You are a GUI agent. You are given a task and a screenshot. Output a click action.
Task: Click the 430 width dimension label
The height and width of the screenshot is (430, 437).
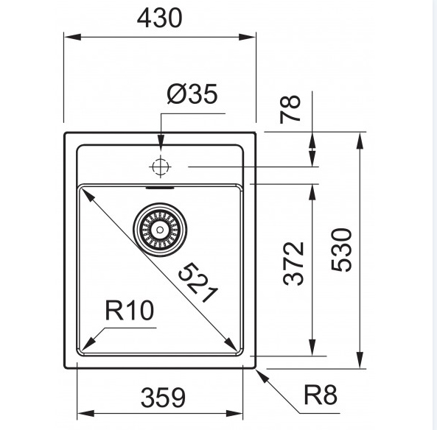click(159, 18)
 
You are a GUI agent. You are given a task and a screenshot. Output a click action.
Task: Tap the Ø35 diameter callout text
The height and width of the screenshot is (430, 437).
click(192, 94)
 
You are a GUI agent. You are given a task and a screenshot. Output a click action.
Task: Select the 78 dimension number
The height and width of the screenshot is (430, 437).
click(290, 109)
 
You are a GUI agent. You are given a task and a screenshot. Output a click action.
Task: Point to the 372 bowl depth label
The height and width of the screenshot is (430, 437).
click(293, 264)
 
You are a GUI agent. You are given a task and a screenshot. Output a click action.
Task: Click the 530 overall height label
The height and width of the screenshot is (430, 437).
click(341, 250)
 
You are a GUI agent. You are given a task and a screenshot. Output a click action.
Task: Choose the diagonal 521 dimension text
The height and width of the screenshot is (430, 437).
click(198, 283)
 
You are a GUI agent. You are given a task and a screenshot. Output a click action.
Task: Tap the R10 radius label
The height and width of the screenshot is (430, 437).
click(129, 310)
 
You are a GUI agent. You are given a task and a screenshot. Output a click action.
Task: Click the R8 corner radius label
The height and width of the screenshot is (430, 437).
click(321, 395)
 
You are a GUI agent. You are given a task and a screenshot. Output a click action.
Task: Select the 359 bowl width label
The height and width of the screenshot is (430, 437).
click(163, 398)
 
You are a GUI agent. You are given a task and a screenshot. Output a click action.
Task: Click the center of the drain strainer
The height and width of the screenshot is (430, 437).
click(160, 230)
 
